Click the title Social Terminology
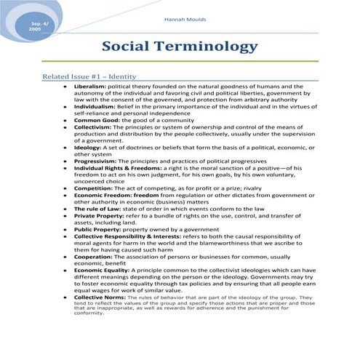click(x=179, y=47)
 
